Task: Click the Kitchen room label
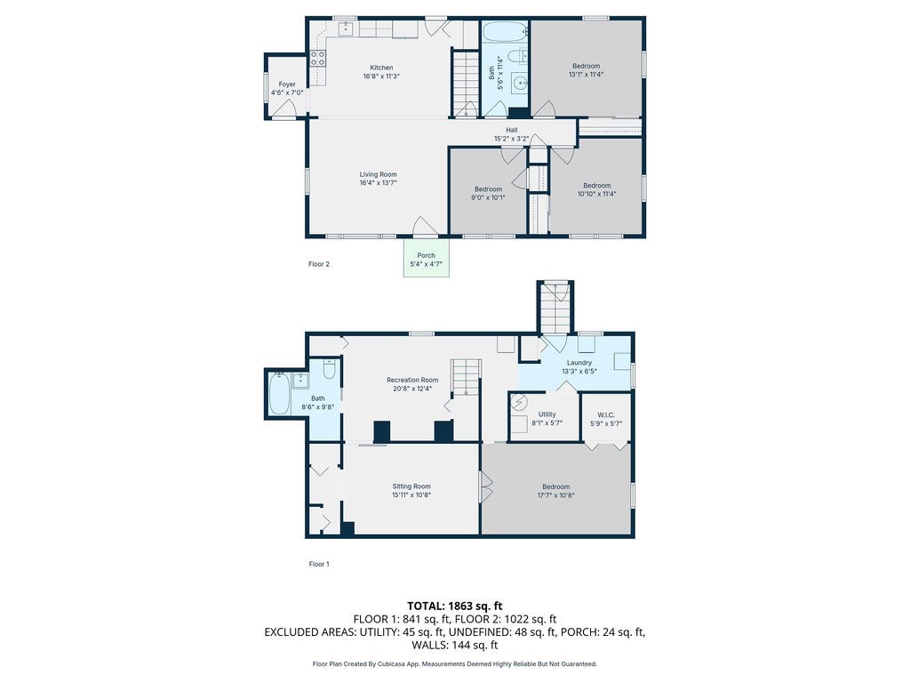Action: click(381, 68)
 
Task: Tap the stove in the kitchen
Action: click(317, 58)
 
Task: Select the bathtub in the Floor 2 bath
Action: click(505, 32)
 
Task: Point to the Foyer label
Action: click(287, 84)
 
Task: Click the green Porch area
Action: click(426, 258)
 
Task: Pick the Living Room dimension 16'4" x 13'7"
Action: click(378, 183)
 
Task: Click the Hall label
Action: click(511, 130)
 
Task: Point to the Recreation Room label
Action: click(412, 381)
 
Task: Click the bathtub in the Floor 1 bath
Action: click(279, 394)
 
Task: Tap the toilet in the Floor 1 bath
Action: click(329, 369)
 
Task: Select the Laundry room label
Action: click(579, 363)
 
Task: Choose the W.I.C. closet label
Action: click(606, 415)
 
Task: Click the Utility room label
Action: click(547, 414)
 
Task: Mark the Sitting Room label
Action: click(411, 486)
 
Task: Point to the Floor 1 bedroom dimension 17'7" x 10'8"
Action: click(556, 495)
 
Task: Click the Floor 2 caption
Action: click(319, 264)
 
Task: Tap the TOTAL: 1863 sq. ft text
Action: click(454, 607)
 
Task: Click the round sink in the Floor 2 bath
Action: click(520, 83)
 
